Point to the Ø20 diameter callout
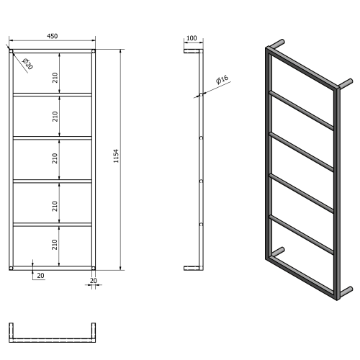click(x=27, y=64)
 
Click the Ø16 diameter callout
click(x=221, y=81)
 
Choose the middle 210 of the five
click(x=55, y=160)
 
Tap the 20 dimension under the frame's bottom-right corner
click(x=93, y=281)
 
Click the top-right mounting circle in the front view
click(x=93, y=51)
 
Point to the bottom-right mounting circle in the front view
click(x=93, y=267)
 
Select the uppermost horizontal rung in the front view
click(x=52, y=94)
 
